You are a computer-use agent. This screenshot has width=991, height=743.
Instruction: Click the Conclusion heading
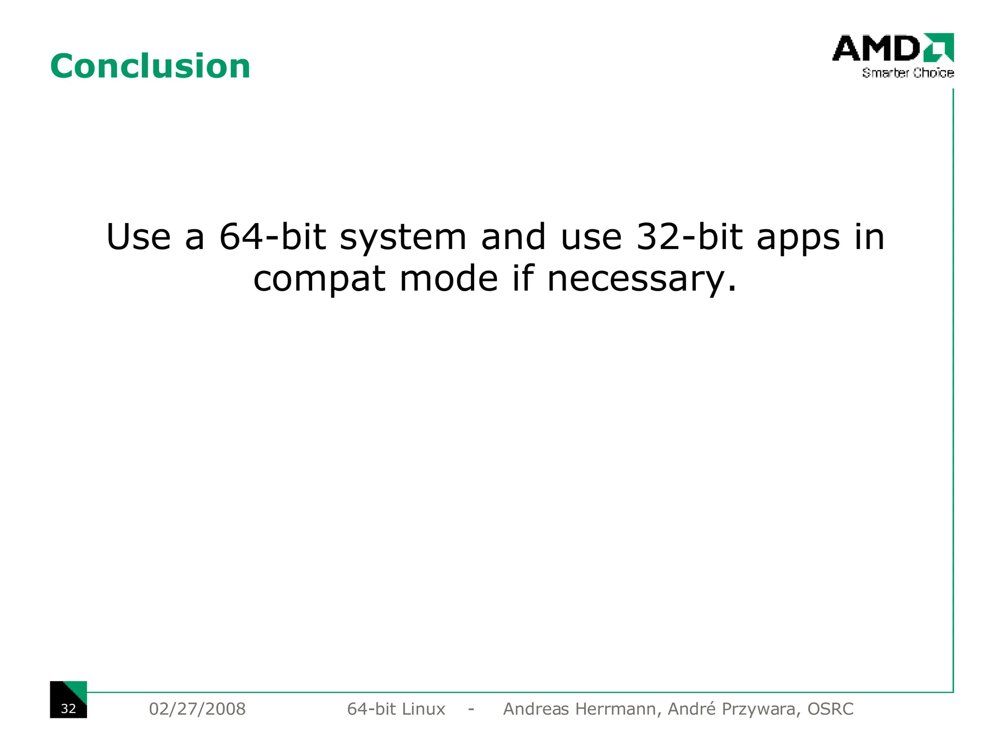click(150, 66)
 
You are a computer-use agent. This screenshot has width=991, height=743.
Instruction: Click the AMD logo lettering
click(876, 48)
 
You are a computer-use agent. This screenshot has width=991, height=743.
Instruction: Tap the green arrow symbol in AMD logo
click(939, 47)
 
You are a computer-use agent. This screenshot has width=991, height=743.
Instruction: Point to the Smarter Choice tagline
click(908, 73)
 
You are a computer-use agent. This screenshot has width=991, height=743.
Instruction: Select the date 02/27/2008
click(197, 709)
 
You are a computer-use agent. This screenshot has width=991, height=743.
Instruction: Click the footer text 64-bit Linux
click(396, 709)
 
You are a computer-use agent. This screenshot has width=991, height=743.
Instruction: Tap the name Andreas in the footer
click(536, 709)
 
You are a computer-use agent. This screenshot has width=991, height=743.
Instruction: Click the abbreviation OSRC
click(830, 709)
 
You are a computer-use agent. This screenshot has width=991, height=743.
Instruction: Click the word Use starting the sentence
click(138, 237)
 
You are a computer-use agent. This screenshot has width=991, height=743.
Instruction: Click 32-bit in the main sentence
click(689, 237)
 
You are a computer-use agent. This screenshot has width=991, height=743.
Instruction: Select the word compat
click(319, 280)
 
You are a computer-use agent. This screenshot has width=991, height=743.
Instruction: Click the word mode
click(448, 280)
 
